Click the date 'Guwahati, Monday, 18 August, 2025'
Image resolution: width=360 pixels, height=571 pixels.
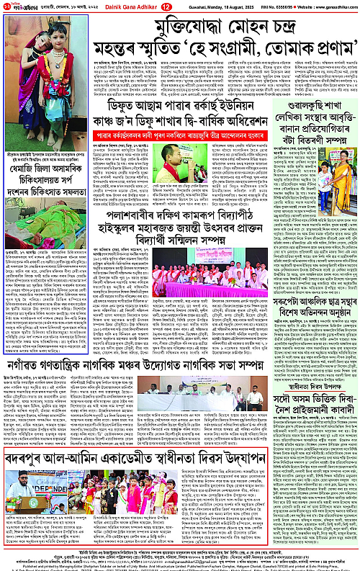click(x=220, y=6)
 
